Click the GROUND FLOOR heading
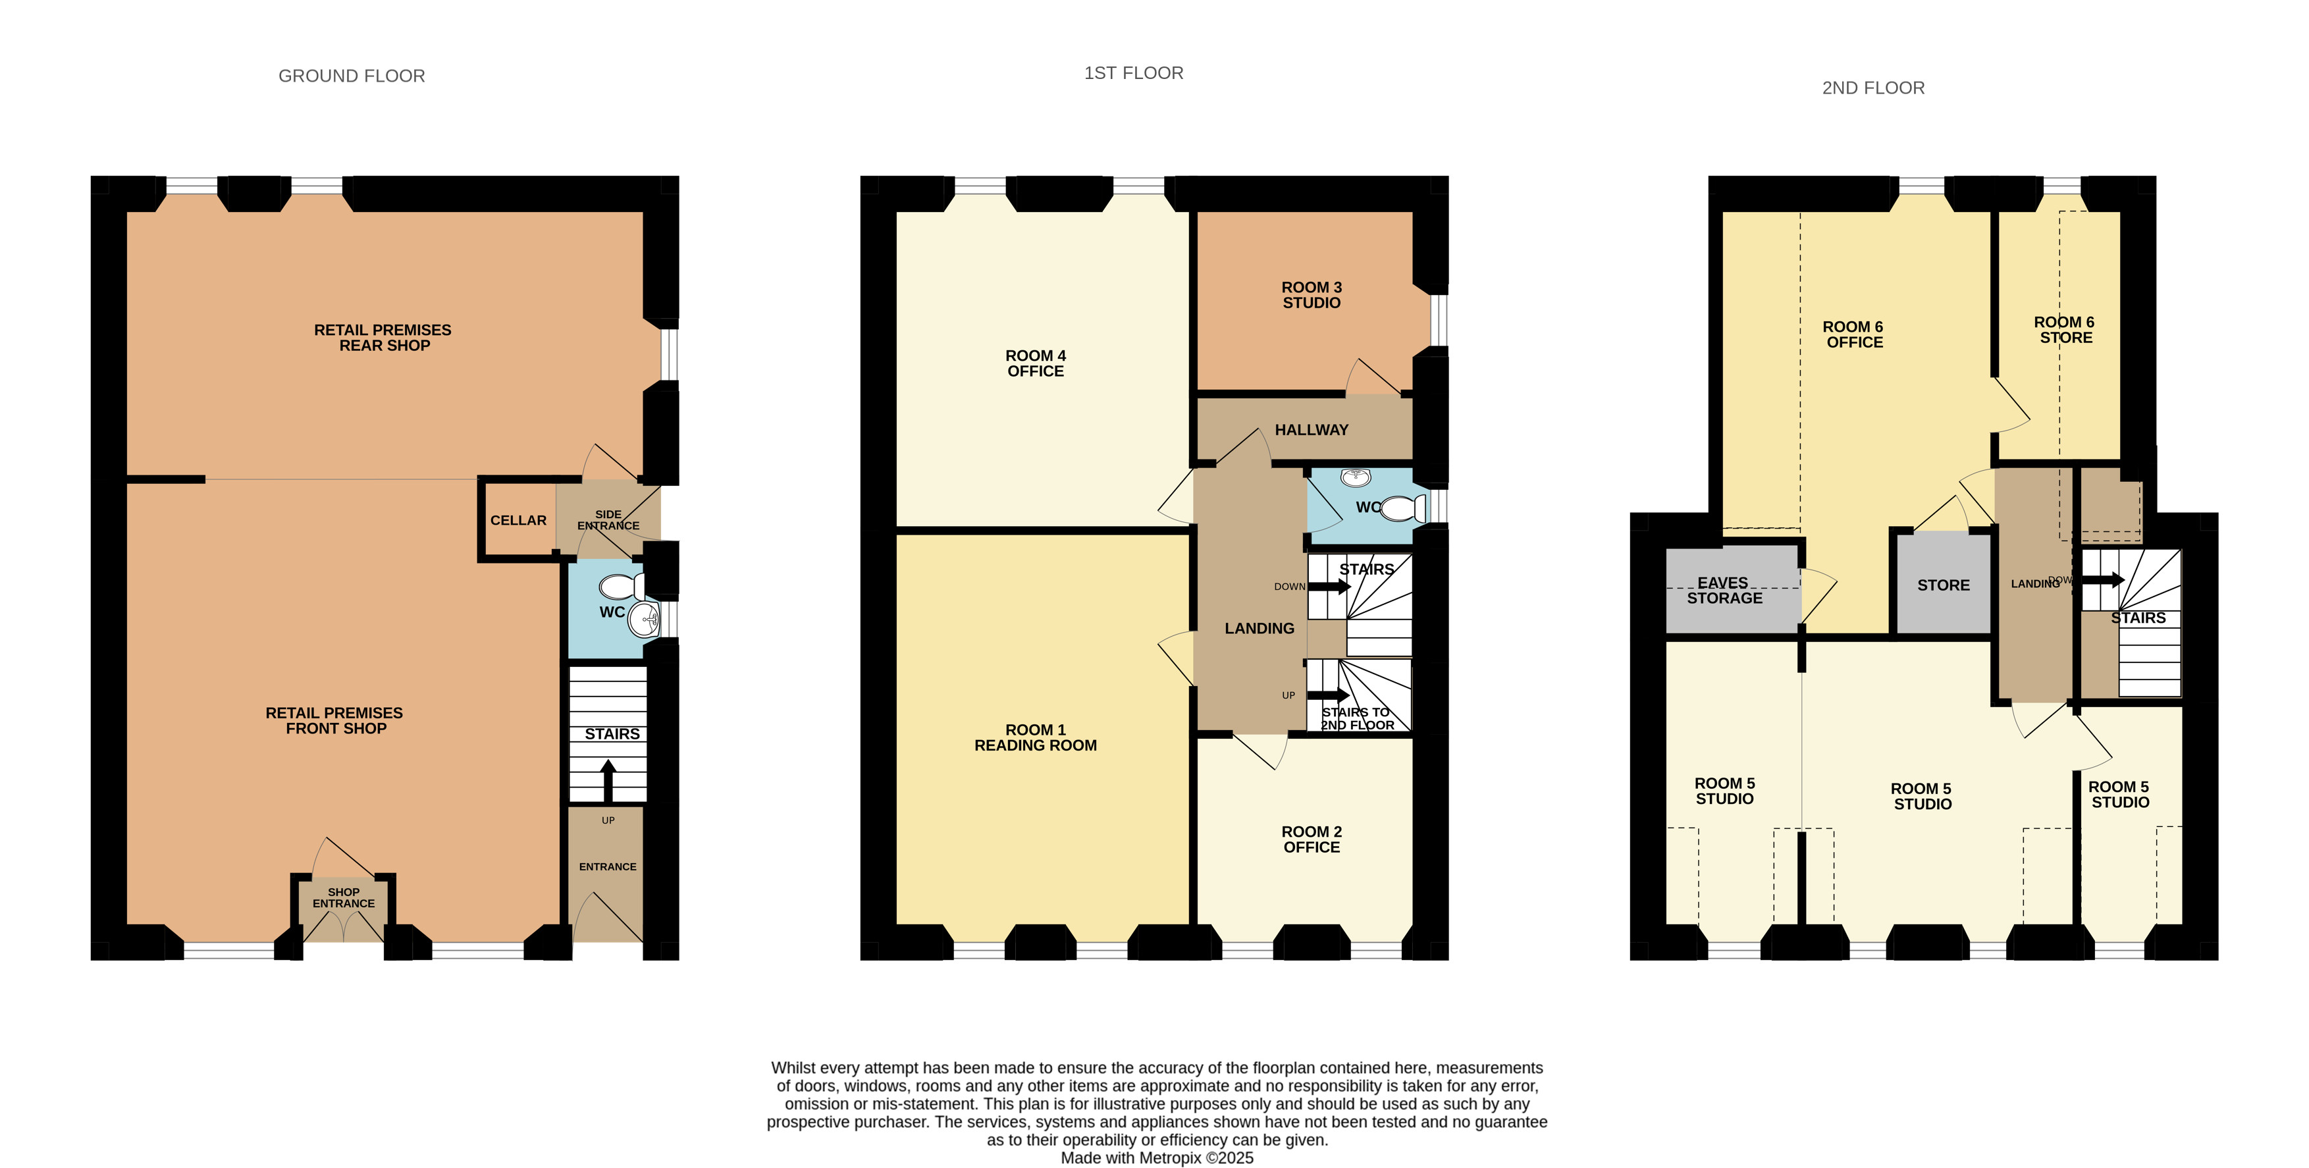coord(352,76)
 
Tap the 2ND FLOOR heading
coord(1873,88)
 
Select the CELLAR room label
coord(518,520)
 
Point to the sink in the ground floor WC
coord(643,618)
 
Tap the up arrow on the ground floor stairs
coord(608,781)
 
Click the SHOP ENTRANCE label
coord(343,897)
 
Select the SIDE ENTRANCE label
coord(608,520)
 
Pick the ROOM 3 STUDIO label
coord(1312,295)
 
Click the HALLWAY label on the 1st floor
coord(1312,431)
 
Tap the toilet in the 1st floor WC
coord(1403,508)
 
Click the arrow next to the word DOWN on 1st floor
coord(1330,587)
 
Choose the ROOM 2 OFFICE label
coord(1312,839)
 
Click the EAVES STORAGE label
coord(1724,591)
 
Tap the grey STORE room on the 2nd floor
coord(1942,585)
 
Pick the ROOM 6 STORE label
coord(2064,330)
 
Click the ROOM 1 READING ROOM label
coord(1035,737)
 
